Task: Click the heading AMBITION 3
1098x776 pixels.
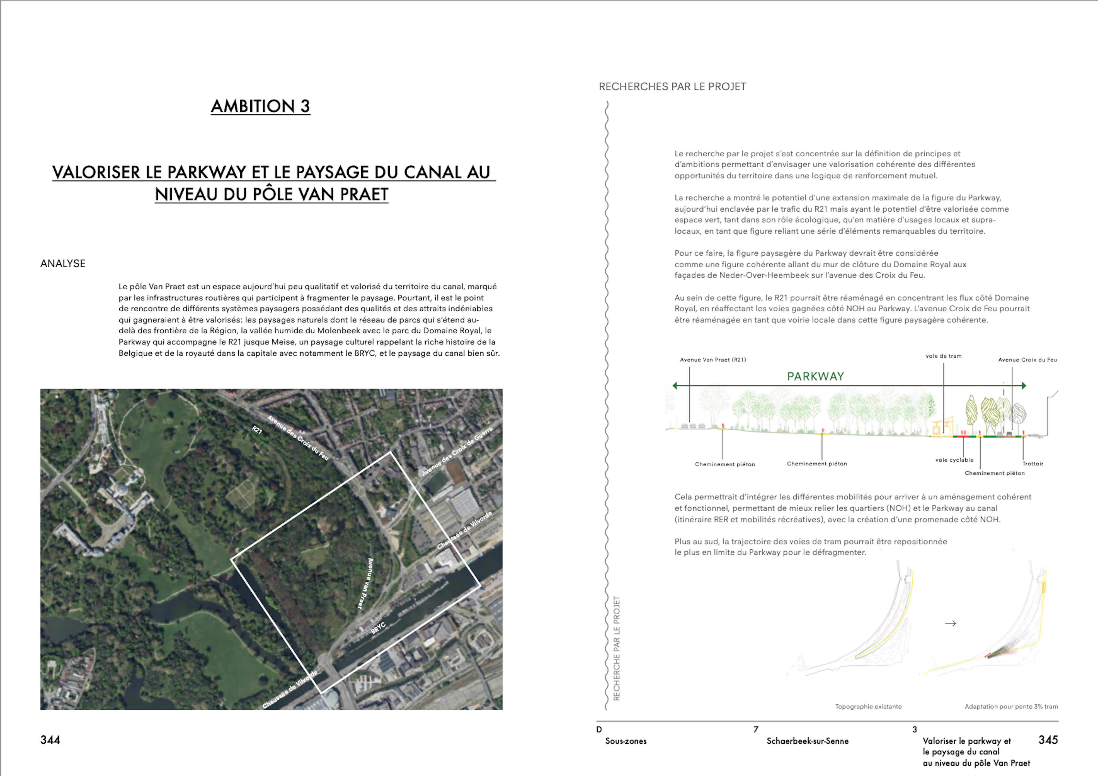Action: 261,106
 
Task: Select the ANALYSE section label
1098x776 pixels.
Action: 63,264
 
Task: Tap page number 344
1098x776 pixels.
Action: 50,740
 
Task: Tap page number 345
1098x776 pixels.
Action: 1048,740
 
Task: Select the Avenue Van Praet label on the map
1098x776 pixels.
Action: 366,583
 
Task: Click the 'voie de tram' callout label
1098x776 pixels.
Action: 943,356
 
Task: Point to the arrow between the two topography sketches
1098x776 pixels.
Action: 950,624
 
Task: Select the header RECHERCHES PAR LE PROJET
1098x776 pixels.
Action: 672,87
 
